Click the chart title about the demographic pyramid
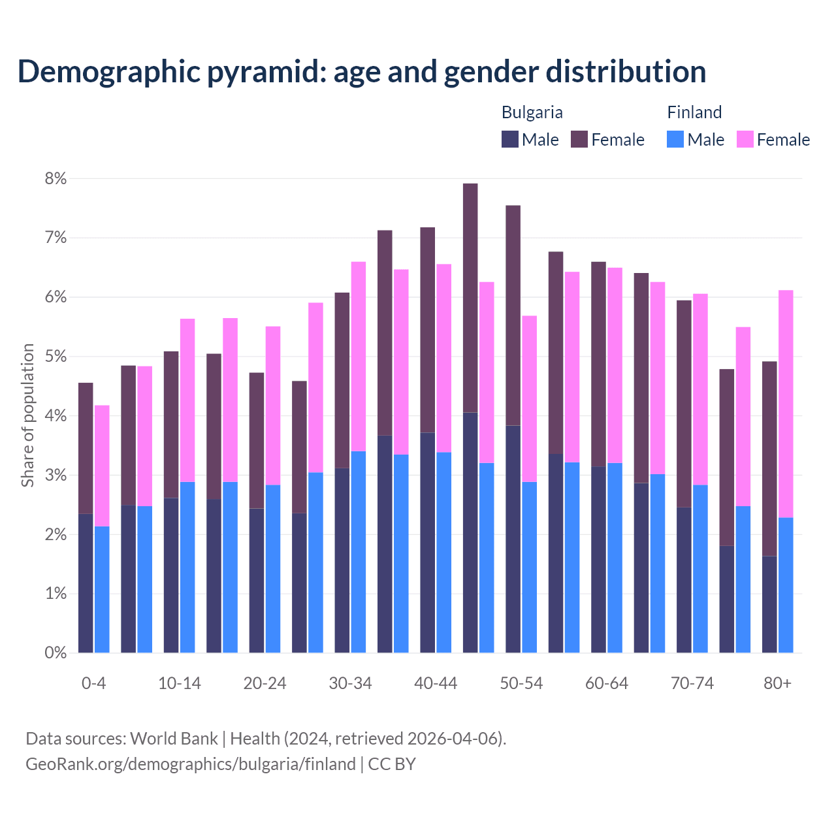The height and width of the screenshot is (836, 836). (x=361, y=72)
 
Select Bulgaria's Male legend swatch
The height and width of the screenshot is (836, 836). (x=509, y=139)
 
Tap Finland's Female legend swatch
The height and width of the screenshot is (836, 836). (x=745, y=139)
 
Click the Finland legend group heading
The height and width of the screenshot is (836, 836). (x=694, y=112)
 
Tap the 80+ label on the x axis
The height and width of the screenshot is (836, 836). (x=777, y=683)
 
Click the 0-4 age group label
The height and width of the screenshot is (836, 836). (x=93, y=683)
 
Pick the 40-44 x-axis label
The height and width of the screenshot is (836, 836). (x=436, y=683)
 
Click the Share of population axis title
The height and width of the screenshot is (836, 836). (x=28, y=415)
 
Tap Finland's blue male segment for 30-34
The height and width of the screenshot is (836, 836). (x=359, y=552)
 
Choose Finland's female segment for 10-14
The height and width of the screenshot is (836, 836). (x=187, y=400)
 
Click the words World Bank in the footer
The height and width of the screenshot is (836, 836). (x=174, y=739)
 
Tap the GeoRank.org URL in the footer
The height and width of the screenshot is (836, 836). (x=190, y=764)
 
